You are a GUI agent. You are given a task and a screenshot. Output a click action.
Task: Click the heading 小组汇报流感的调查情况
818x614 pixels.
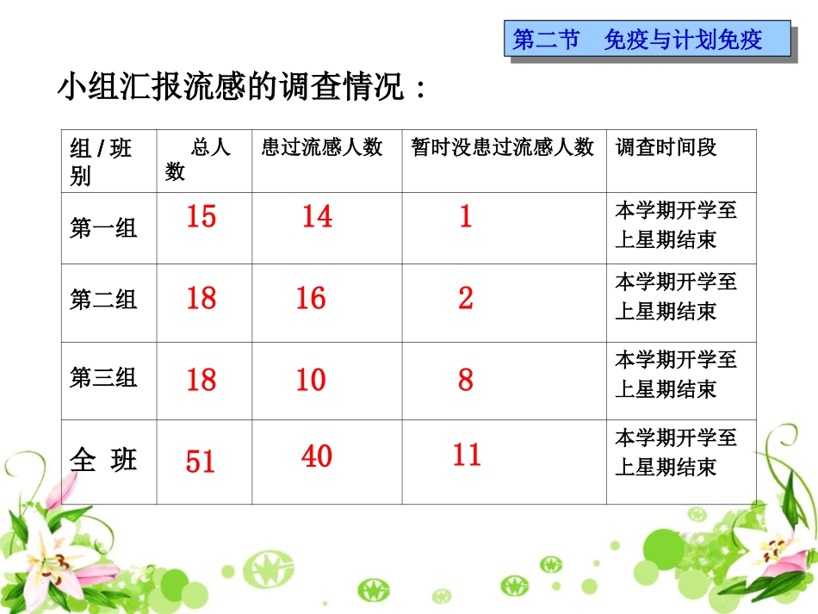(241, 87)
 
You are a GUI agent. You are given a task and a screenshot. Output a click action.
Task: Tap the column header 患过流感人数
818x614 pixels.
(322, 147)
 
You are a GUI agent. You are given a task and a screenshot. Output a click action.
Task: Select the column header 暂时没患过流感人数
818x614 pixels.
(503, 147)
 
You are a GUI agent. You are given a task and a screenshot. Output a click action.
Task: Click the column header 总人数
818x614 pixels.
(199, 159)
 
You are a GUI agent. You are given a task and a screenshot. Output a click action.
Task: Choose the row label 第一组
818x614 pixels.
(103, 228)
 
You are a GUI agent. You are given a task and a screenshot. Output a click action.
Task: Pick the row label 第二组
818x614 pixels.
(103, 300)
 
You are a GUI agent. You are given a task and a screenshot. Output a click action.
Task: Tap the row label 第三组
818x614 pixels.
(103, 377)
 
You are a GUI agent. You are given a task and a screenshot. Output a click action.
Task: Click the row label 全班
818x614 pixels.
(103, 461)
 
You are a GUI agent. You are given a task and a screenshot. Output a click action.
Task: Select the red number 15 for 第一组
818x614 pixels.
(201, 216)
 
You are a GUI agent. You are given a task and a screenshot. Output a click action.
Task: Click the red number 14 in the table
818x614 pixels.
(316, 216)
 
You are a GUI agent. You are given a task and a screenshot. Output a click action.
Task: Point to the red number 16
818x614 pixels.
(311, 299)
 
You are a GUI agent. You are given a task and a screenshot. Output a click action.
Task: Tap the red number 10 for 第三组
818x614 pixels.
(311, 379)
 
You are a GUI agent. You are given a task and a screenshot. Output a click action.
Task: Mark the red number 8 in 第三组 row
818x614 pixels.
(466, 379)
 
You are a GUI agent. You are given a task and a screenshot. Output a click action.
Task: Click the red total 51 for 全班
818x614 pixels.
(201, 462)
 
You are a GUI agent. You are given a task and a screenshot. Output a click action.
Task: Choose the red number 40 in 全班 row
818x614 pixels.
(316, 456)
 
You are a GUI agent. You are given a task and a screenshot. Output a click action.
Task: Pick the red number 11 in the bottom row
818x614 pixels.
(467, 455)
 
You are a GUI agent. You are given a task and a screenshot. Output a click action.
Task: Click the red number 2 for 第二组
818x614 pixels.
(466, 299)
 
